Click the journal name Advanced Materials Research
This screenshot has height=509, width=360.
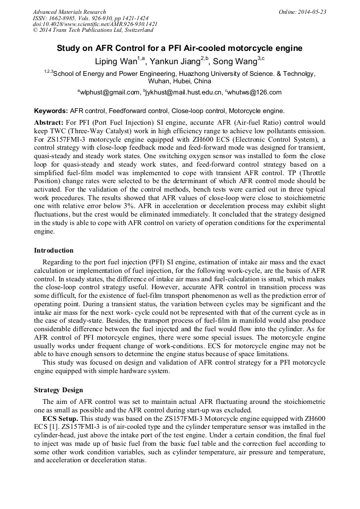69,12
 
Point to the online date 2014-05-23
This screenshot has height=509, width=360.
313,12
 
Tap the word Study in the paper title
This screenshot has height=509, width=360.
68,48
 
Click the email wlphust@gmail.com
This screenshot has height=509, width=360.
109,92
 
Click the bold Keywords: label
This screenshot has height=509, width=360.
51,111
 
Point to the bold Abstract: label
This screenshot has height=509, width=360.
49,122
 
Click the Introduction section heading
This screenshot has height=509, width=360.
54,250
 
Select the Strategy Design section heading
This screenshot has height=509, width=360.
58,390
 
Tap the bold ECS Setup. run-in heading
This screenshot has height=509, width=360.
61,418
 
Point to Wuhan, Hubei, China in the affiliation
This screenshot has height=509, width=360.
179,81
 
